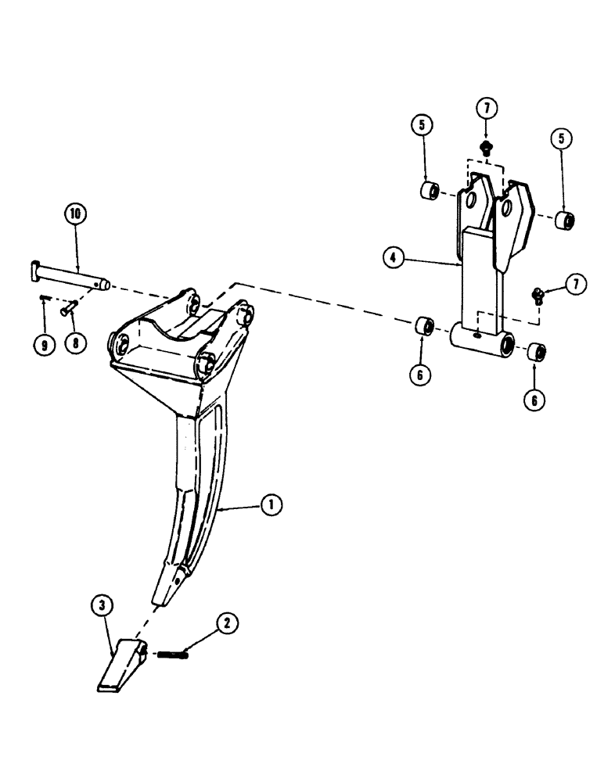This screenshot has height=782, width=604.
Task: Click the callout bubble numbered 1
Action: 271,507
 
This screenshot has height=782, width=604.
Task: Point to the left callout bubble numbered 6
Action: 423,374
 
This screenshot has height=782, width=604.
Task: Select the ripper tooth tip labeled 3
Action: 122,664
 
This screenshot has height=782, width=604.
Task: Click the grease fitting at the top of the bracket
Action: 486,146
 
